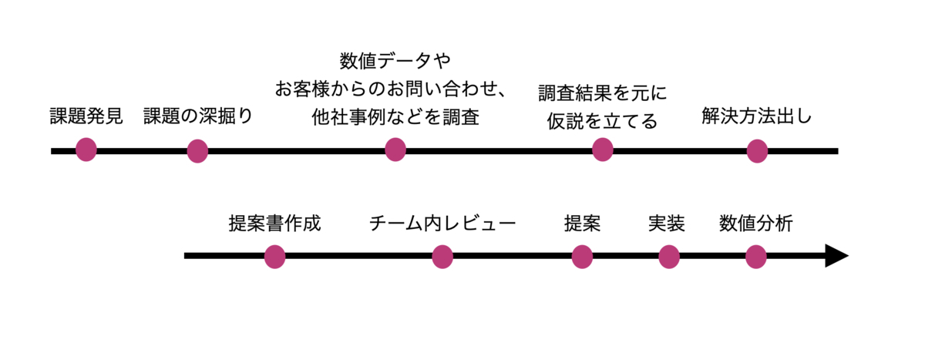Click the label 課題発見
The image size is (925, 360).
(86, 117)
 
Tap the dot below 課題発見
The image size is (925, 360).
(86, 150)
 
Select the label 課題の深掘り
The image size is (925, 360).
(198, 117)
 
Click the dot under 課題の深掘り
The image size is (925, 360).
(197, 151)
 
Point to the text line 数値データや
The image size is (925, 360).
(395, 60)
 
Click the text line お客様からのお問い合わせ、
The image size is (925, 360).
(391, 89)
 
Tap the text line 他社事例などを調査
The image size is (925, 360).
(395, 118)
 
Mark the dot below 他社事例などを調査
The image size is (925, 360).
(395, 150)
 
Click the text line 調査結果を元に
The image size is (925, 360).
(602, 93)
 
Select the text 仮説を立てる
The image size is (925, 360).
(602, 121)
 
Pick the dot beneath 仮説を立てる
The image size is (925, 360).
(602, 150)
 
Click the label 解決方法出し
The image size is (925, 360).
(756, 117)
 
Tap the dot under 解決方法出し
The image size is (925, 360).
(757, 151)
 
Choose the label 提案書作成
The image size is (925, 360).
(274, 224)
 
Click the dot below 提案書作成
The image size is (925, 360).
(274, 257)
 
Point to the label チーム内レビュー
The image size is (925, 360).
(442, 224)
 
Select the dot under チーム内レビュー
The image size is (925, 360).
(442, 257)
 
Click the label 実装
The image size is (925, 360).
(667, 224)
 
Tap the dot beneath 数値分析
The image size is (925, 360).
(756, 257)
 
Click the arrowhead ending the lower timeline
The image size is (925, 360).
(836, 256)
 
